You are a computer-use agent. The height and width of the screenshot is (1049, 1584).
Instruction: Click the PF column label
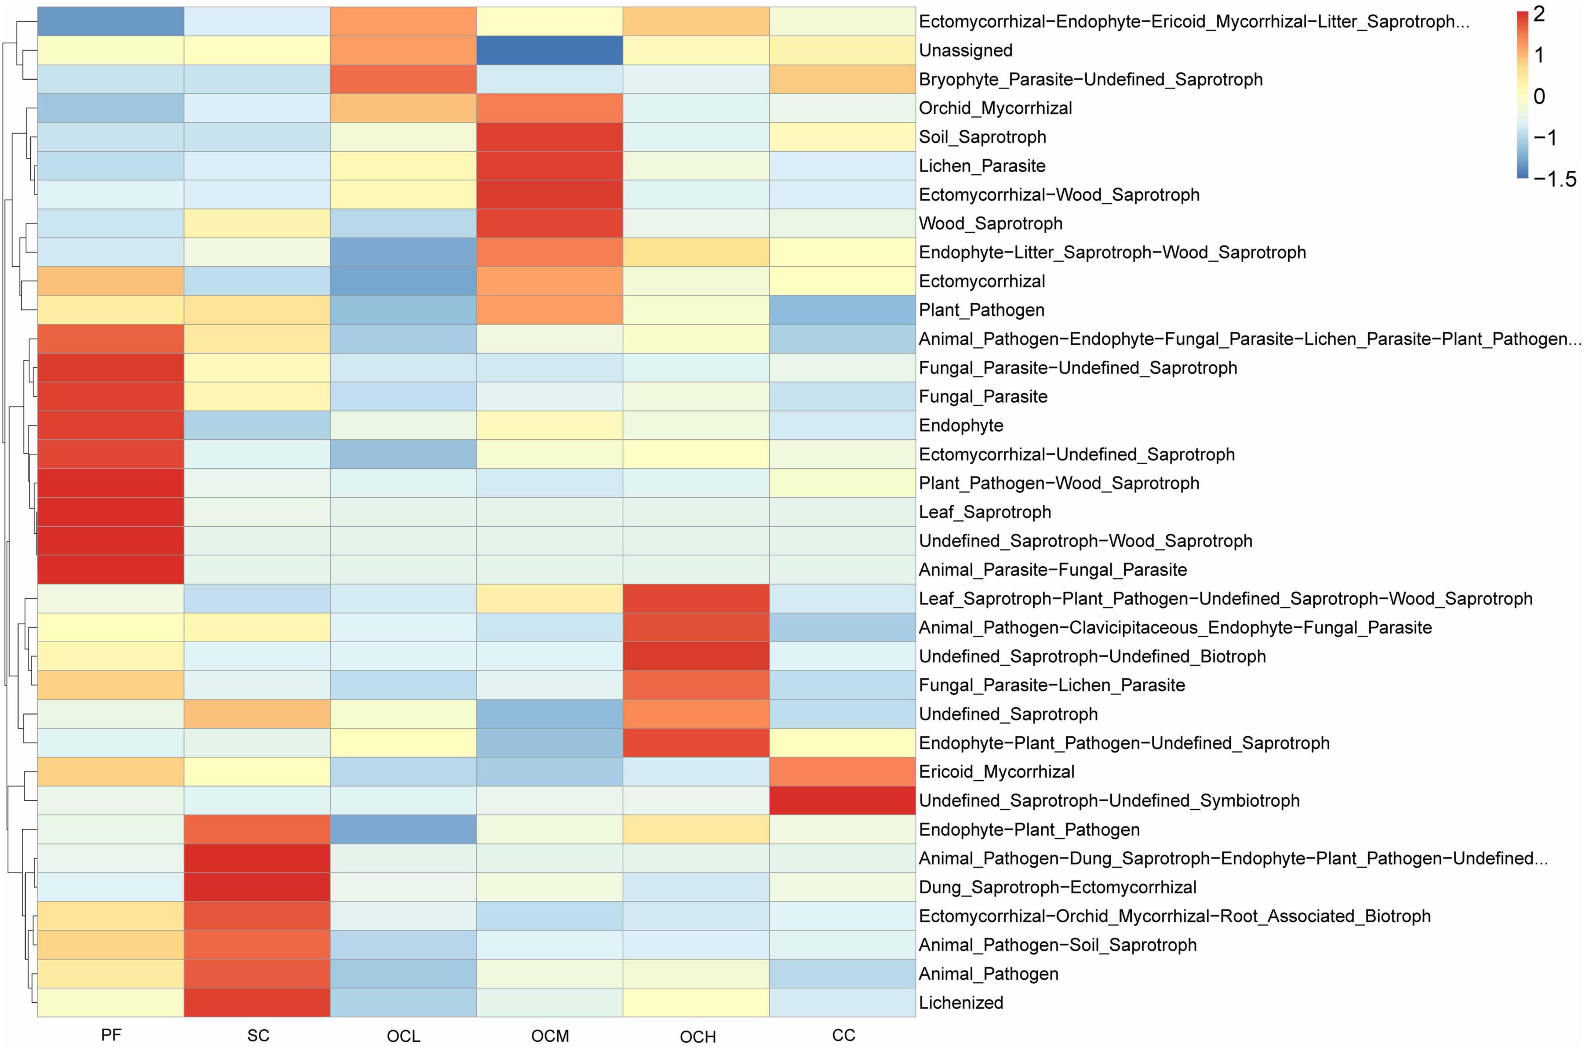[x=110, y=1035]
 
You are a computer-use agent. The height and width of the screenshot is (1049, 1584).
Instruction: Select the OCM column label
[x=550, y=1036]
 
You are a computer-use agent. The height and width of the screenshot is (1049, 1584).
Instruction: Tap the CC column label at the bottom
[x=843, y=1035]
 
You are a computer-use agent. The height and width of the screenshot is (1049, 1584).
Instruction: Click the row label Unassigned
[x=965, y=50]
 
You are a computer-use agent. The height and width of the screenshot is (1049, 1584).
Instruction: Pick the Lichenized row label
[x=961, y=1002]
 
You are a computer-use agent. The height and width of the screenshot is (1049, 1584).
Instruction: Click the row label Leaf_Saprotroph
[x=984, y=512]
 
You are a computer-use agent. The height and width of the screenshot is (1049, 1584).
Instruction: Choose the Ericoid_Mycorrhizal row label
[x=996, y=772]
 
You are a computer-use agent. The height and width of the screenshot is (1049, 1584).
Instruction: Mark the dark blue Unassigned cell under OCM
[x=550, y=50]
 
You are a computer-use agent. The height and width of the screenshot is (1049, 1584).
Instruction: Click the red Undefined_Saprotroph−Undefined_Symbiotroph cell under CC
[x=842, y=800]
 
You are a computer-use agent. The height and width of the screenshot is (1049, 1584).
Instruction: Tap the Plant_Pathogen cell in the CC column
[x=842, y=310]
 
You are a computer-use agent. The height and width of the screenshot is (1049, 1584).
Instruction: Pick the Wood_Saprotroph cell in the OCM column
[x=550, y=224]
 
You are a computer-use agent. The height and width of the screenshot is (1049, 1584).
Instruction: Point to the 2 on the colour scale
[x=1539, y=14]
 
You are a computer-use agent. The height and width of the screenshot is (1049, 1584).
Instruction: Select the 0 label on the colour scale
[x=1539, y=96]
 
